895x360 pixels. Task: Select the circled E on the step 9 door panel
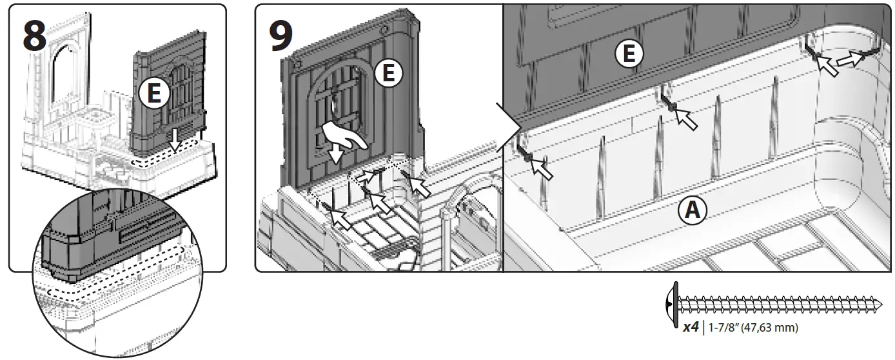point(388,74)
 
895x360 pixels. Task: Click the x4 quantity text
point(690,328)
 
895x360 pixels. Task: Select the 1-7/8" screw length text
point(725,328)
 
